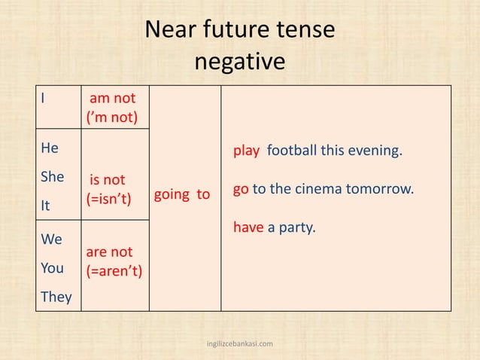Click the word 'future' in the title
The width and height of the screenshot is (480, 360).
coord(233,30)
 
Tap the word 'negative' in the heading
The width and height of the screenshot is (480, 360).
coord(240,62)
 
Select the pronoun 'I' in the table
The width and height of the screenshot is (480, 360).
coord(44,99)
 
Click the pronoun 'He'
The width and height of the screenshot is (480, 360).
coord(50,149)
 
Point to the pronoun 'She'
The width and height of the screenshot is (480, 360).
coord(52,177)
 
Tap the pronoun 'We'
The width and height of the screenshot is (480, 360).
coord(52,239)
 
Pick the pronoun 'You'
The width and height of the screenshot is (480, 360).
coord(52,268)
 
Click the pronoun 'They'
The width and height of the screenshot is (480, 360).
coord(56,297)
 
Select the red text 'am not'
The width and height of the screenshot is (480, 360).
coord(113,99)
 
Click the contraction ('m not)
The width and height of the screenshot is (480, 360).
coord(112,118)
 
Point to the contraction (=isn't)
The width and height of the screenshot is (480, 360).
coord(109,200)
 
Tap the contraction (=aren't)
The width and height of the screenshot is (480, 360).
coord(114,271)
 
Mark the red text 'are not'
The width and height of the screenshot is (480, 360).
coord(109,252)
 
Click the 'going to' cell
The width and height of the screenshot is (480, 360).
coord(182,195)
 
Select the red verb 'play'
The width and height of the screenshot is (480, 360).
coord(246,151)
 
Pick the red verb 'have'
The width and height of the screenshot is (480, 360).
coord(248,226)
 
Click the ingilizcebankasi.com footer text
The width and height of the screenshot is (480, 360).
coord(240,343)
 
